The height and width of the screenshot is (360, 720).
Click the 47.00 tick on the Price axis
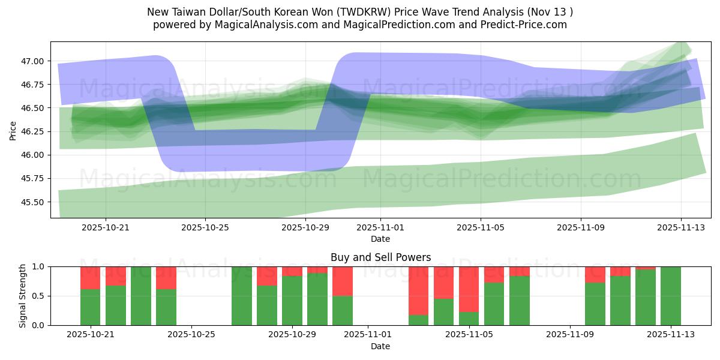click(x=34, y=61)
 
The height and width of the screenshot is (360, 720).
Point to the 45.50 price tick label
click(x=34, y=202)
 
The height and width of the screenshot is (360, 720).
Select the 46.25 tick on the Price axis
click(x=34, y=131)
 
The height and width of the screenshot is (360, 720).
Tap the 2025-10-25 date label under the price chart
click(x=205, y=227)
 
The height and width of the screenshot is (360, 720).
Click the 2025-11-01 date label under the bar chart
click(x=367, y=334)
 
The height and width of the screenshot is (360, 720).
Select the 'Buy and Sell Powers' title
click(x=380, y=257)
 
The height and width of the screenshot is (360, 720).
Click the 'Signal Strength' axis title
click(x=23, y=296)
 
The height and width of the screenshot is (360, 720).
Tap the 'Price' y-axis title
click(x=13, y=130)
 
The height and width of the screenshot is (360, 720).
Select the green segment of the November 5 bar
click(x=469, y=319)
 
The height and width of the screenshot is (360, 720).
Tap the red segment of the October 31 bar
click(x=343, y=281)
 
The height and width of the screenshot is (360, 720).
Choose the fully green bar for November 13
click(x=671, y=296)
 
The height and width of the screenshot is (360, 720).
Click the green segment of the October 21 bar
click(x=91, y=307)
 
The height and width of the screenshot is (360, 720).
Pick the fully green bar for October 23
click(x=141, y=296)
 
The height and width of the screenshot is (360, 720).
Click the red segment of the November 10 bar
click(x=595, y=274)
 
